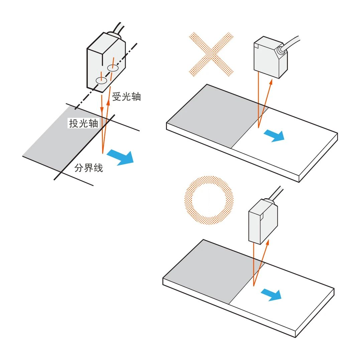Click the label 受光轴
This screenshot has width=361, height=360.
coord(126,97)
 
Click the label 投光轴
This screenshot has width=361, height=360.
coord(83,123)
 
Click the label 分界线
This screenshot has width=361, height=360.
coord(89,168)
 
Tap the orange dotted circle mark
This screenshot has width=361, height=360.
coord(209,200)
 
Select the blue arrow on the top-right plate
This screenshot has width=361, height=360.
coord(274,135)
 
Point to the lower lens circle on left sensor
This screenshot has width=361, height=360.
coord(101,80)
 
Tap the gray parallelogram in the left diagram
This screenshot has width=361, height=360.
coord(60,140)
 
